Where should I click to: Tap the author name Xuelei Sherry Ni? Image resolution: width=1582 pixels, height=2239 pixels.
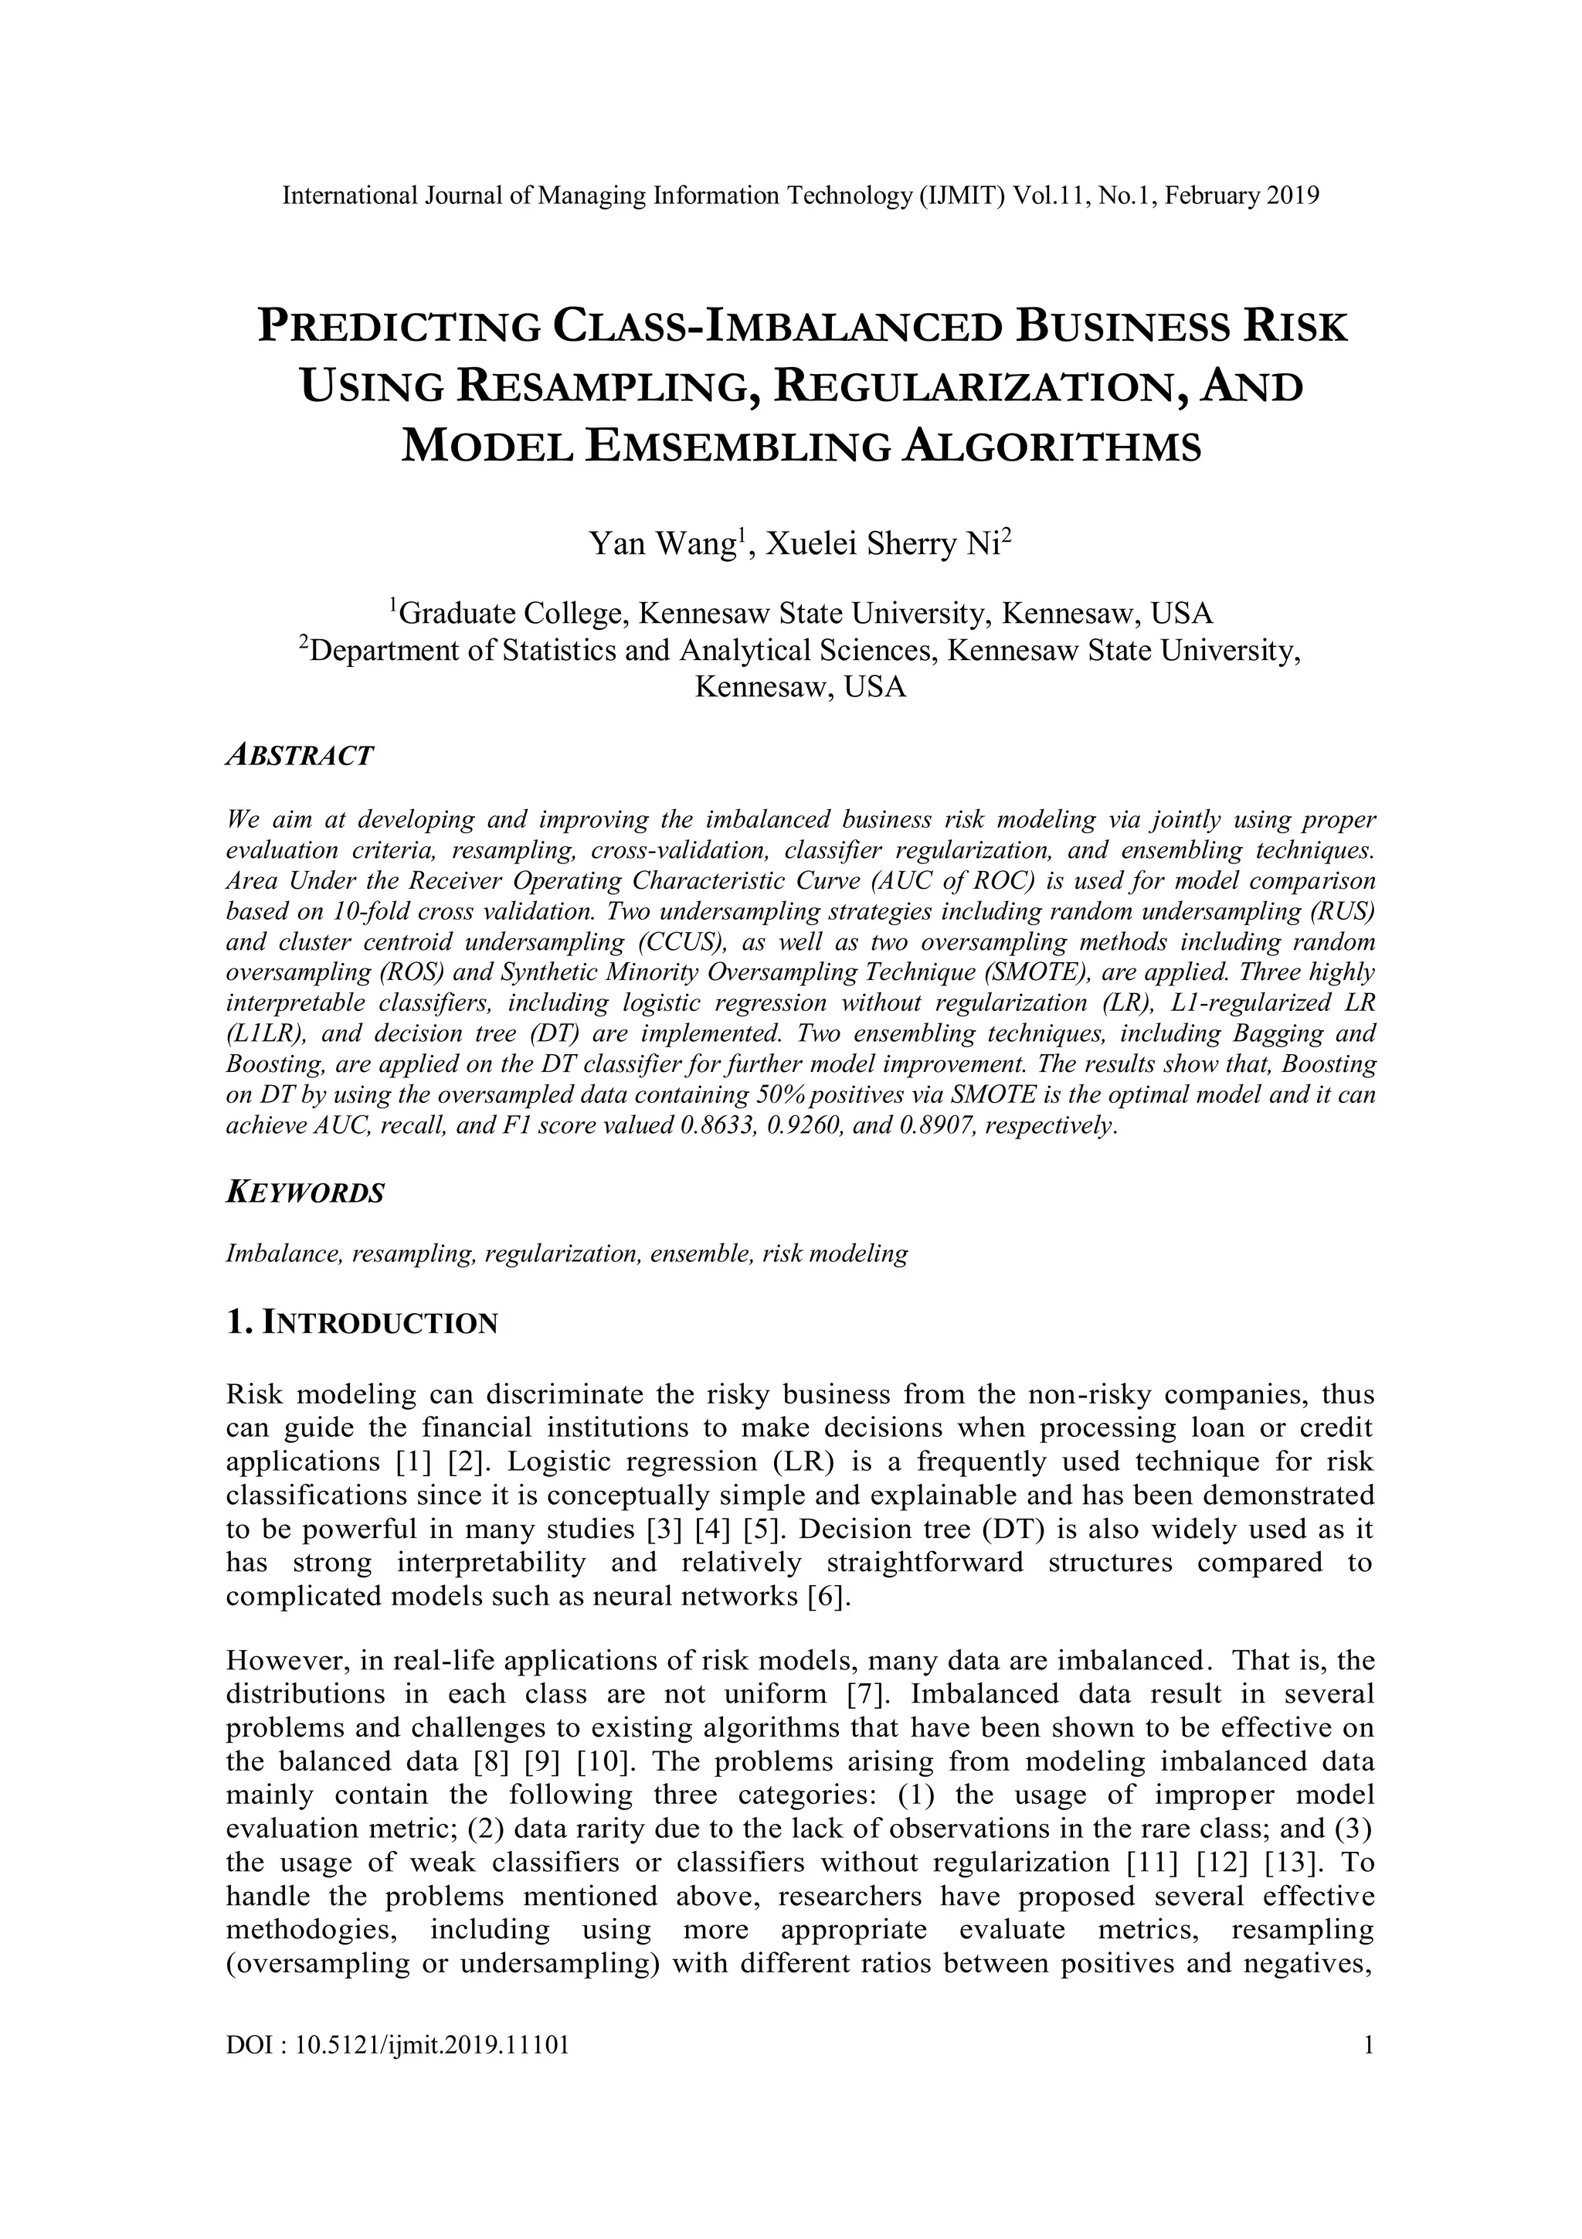click(x=885, y=543)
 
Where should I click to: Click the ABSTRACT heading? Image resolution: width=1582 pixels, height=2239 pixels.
click(x=299, y=756)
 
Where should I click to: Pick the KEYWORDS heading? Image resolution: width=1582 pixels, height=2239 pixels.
click(x=305, y=1193)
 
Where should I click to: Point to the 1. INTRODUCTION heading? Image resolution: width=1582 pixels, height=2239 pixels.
click(x=362, y=1324)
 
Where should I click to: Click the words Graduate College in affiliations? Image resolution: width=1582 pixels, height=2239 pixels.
click(x=511, y=614)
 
